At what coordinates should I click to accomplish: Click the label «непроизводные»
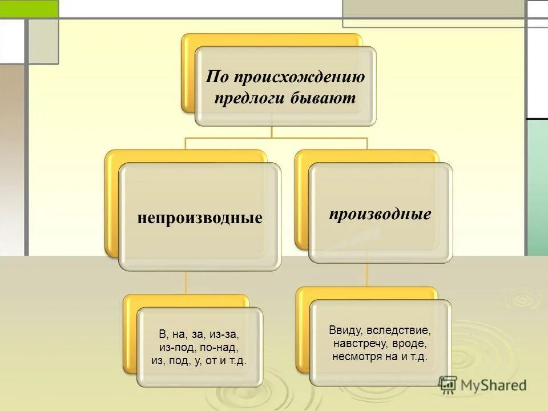[200, 217]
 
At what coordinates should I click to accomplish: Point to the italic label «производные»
[380, 214]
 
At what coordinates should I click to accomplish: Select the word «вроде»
[413, 344]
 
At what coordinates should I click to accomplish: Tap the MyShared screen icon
[448, 385]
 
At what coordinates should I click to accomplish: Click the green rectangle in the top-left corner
[29, 9]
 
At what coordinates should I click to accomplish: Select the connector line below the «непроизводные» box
[187, 282]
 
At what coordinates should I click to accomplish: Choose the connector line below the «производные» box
[366, 275]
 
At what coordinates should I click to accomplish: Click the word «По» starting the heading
[215, 76]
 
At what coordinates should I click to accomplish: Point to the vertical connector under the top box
[272, 131]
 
